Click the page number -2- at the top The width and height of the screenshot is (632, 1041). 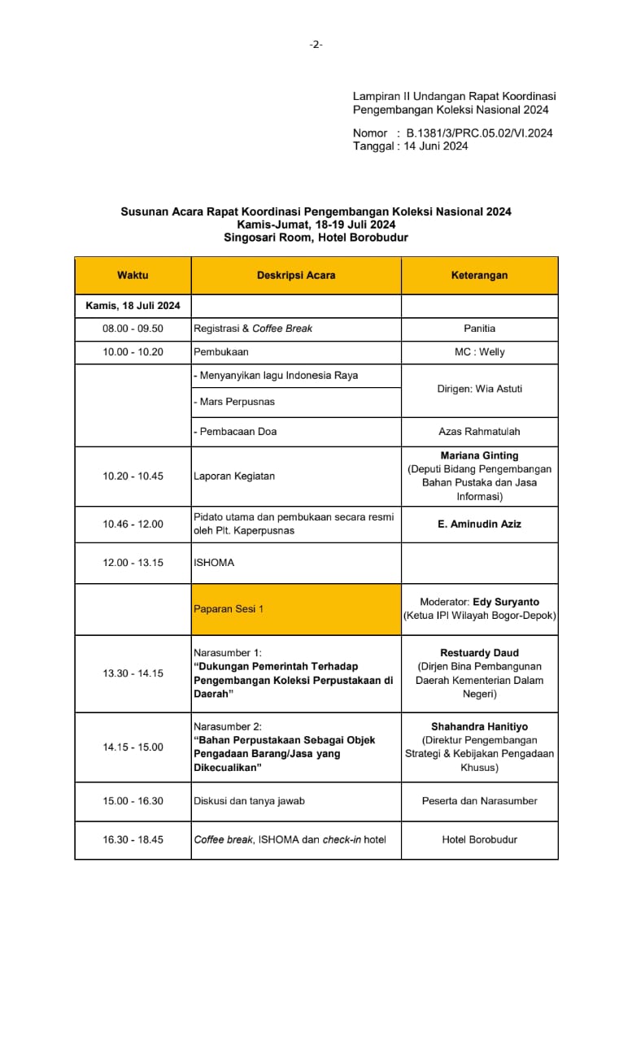(316, 45)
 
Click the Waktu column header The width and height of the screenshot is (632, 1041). (133, 276)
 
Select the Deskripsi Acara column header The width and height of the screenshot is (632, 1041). (296, 276)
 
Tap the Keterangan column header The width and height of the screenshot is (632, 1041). (479, 276)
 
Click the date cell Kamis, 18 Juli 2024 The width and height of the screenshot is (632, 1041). (133, 306)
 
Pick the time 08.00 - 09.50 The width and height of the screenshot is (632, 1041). (133, 329)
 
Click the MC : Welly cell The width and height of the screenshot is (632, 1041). (479, 352)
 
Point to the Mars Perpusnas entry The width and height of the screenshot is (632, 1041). (235, 403)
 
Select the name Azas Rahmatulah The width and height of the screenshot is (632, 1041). (479, 432)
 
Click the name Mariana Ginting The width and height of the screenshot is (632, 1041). (479, 455)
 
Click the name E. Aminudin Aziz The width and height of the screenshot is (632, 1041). (479, 525)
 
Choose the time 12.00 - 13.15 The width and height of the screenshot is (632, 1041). (133, 563)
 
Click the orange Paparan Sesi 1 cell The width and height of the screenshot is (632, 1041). (296, 609)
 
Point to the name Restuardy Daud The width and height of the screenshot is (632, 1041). (479, 653)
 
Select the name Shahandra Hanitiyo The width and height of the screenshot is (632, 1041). (479, 726)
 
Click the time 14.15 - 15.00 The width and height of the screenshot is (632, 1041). (133, 747)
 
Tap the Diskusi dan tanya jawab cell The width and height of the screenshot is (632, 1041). (249, 801)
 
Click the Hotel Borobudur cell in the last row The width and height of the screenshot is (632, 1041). (479, 840)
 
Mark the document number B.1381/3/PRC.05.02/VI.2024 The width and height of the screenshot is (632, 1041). (480, 133)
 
